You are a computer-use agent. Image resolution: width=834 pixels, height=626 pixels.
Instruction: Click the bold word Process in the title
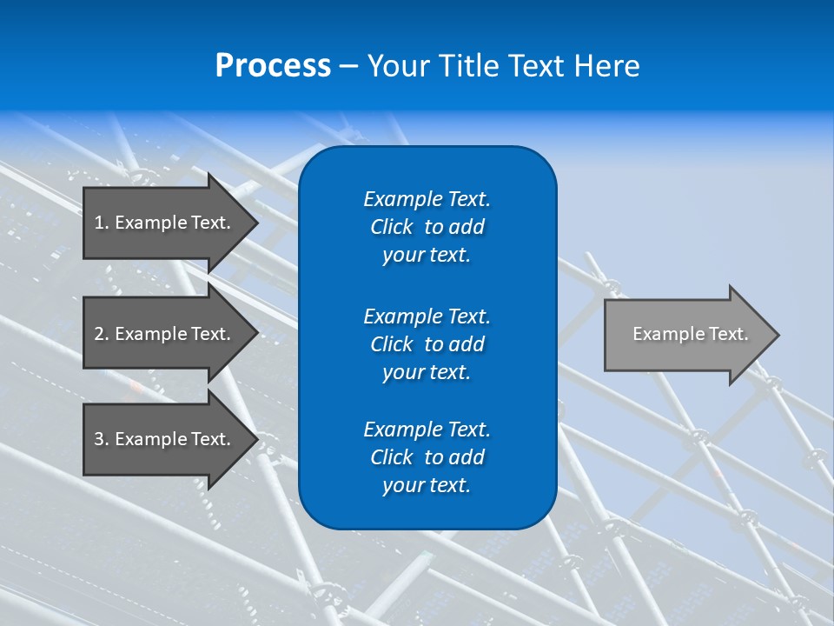pyautogui.click(x=273, y=66)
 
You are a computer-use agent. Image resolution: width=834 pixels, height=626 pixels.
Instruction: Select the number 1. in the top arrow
pyautogui.click(x=102, y=223)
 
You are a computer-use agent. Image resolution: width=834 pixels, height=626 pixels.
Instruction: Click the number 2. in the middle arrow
pyautogui.click(x=102, y=334)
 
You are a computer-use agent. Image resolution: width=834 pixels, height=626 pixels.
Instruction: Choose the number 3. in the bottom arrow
pyautogui.click(x=102, y=439)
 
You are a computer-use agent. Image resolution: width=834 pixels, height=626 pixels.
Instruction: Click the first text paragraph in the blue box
pyautogui.click(x=427, y=227)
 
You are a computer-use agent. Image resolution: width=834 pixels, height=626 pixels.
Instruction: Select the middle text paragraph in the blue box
pyautogui.click(x=427, y=344)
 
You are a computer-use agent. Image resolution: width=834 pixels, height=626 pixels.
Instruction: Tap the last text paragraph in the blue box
pyautogui.click(x=427, y=457)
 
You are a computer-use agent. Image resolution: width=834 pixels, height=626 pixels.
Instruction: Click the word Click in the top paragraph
pyautogui.click(x=391, y=227)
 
